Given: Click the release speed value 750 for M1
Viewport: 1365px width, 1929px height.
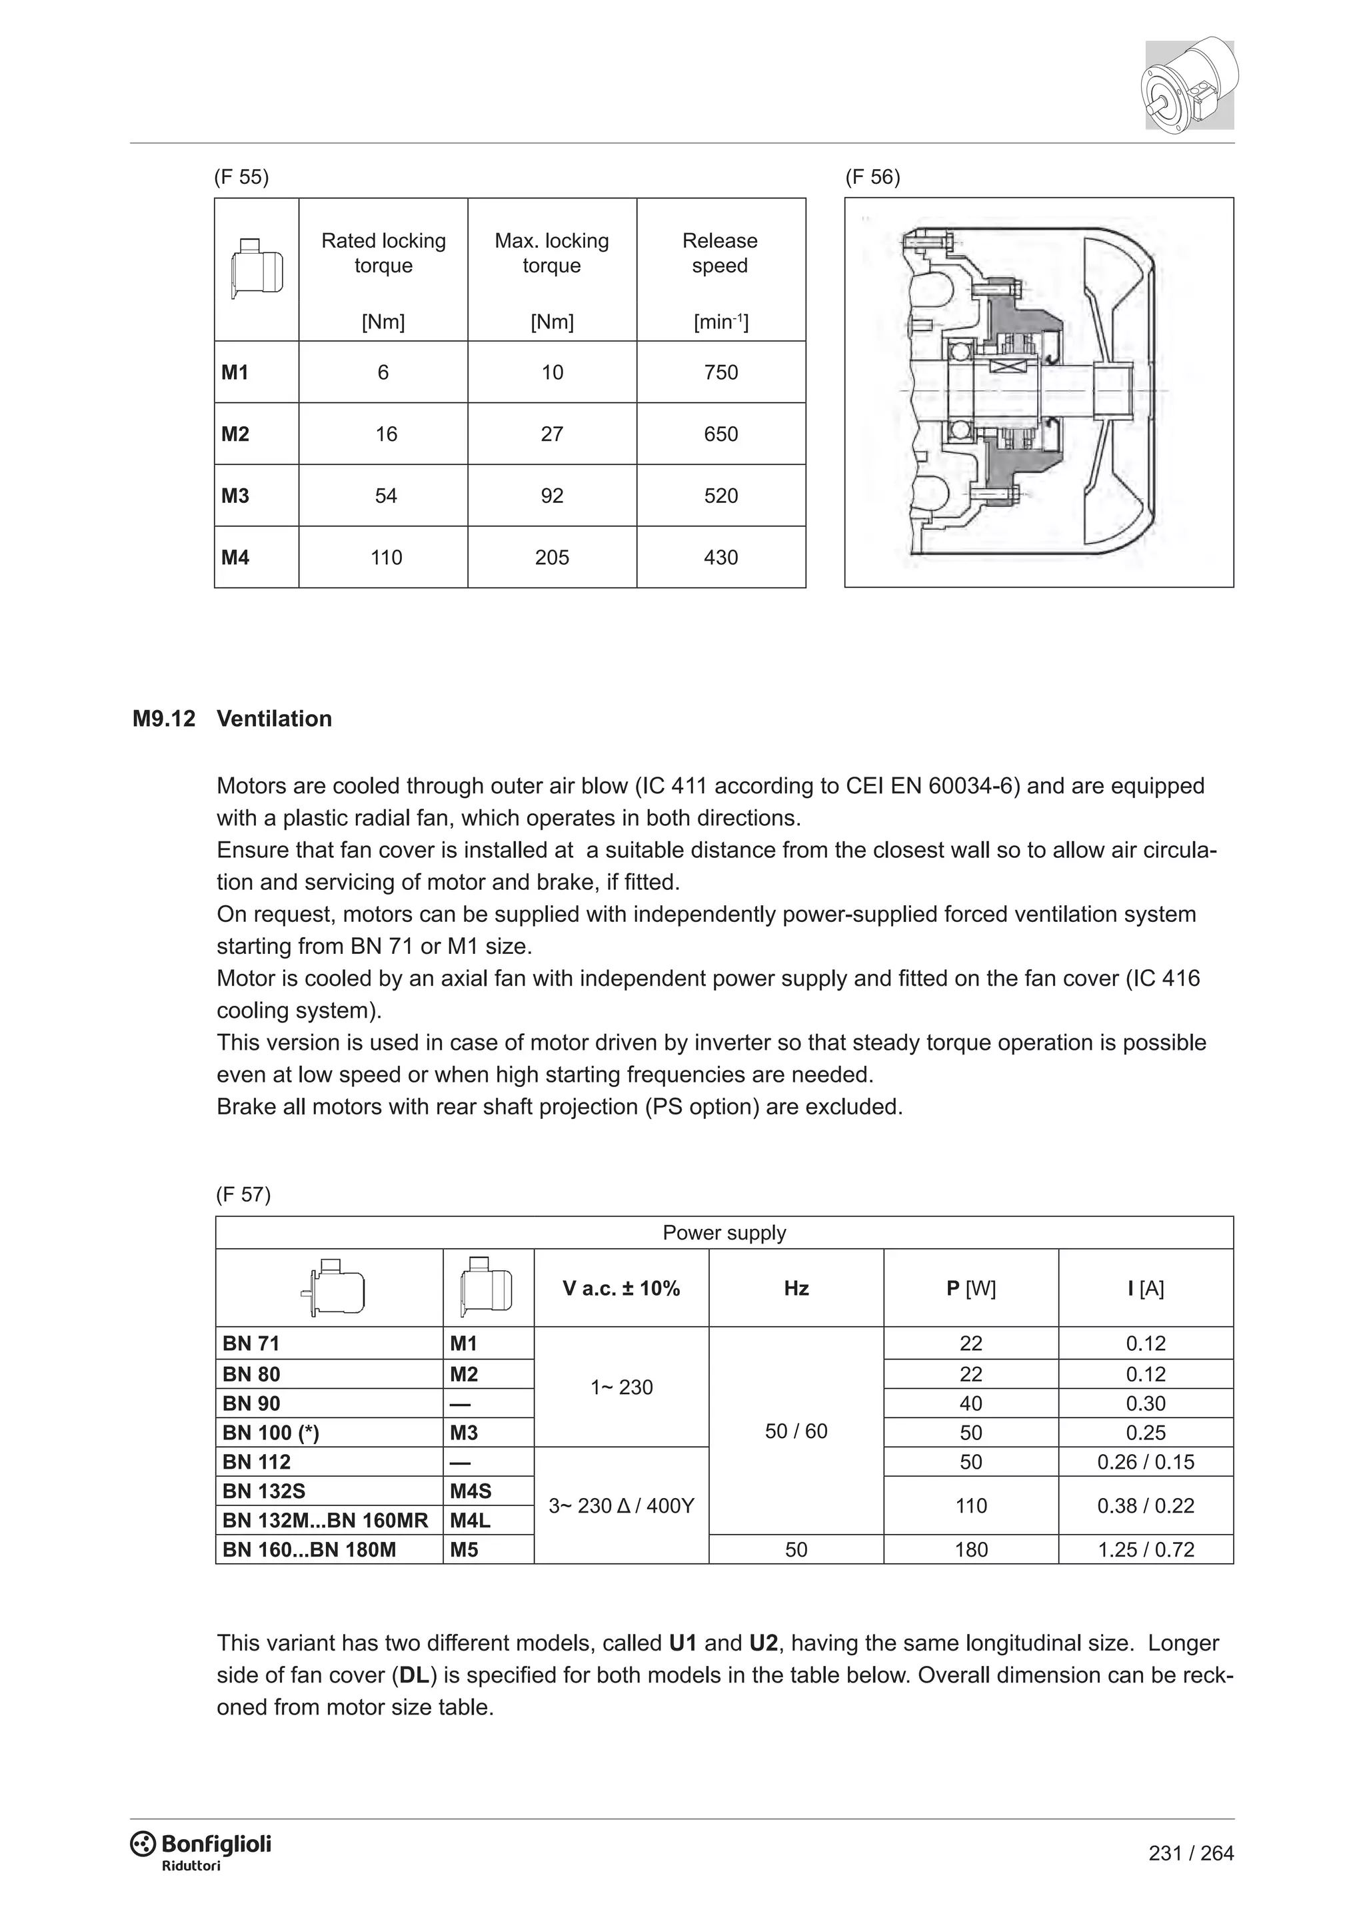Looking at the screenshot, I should (720, 372).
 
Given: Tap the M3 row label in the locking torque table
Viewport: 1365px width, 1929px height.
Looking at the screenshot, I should (235, 496).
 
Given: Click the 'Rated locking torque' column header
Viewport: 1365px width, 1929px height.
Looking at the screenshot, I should (383, 253).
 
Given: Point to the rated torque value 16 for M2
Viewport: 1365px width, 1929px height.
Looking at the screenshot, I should (386, 434).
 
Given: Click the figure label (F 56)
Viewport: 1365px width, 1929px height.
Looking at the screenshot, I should (872, 177).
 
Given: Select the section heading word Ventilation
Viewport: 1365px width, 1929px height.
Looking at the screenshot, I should (274, 718).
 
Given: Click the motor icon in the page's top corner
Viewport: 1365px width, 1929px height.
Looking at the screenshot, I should (1188, 85).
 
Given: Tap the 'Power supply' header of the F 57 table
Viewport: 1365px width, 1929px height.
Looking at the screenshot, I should (724, 1232).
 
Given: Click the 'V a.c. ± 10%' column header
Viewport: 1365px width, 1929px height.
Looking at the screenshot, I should (621, 1288).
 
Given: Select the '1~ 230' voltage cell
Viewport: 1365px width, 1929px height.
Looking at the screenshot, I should (621, 1387).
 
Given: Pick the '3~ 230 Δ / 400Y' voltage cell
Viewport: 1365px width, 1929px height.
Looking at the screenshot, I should (621, 1505).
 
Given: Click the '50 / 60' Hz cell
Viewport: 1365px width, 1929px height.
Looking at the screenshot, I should (795, 1431).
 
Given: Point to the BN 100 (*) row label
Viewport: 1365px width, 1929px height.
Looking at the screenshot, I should (271, 1433).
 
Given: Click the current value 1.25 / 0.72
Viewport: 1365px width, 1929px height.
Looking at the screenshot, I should (1145, 1549).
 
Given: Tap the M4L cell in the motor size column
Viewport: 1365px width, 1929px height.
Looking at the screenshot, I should (470, 1520).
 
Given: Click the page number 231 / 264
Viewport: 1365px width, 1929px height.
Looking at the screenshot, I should (1190, 1852).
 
